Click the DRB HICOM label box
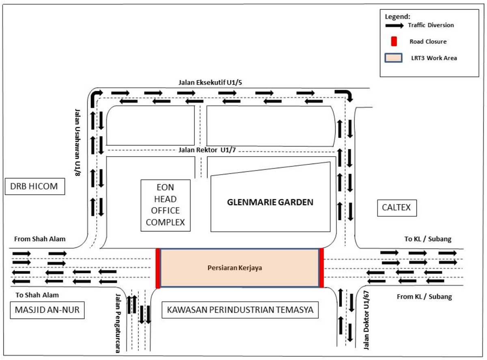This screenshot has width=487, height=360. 35,186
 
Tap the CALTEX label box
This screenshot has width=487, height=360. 397,208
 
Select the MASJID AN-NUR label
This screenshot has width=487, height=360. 47,310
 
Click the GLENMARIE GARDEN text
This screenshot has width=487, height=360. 270,202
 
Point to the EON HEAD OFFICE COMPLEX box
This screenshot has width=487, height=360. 165,205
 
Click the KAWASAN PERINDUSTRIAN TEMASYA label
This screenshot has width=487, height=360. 240,310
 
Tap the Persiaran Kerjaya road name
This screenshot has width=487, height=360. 235,268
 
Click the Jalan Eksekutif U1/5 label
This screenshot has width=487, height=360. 210,82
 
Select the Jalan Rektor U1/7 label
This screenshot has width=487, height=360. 207,150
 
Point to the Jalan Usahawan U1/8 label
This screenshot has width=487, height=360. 78,142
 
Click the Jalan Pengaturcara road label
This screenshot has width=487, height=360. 118,323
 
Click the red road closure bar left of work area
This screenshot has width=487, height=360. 157,268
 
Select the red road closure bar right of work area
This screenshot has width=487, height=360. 321,268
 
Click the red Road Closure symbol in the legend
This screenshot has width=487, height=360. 394,41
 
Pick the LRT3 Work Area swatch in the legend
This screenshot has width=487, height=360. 394,58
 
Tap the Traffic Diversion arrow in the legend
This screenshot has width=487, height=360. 394,26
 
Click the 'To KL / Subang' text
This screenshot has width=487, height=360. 428,239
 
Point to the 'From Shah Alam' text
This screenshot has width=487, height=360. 40,239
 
